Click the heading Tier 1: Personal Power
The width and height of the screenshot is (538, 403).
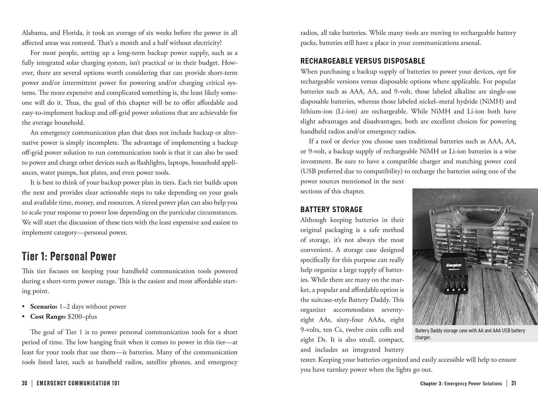(69, 256)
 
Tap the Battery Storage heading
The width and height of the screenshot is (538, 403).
(331, 210)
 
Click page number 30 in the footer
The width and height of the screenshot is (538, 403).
(25, 383)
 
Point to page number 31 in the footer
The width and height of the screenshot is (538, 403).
(513, 383)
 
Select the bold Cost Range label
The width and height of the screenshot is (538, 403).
(48, 317)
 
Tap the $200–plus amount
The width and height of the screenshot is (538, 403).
(82, 317)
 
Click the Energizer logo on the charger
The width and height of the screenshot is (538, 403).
(454, 265)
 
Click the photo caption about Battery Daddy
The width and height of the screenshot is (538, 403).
(470, 334)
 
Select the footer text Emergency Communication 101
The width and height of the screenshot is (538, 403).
(78, 383)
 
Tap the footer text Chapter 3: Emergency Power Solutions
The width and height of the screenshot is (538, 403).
(461, 384)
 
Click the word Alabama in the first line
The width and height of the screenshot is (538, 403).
(32, 33)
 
